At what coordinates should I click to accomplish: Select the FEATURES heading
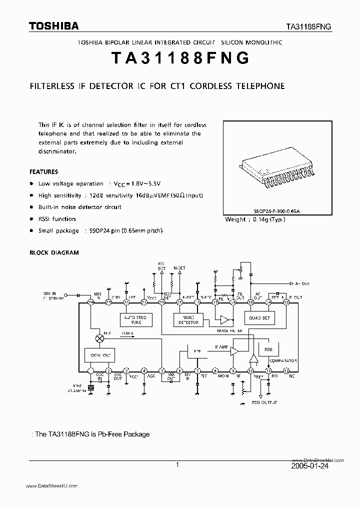[44, 171]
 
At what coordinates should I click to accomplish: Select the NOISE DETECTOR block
[186, 319]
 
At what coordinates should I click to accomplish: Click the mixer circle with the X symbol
[99, 338]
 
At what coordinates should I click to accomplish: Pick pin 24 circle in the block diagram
[91, 302]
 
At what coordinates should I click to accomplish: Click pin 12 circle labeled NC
[286, 371]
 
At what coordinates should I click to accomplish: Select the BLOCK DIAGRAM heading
[54, 252]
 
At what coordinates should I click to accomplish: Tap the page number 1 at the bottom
[177, 464]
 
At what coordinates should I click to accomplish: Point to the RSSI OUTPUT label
[264, 402]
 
